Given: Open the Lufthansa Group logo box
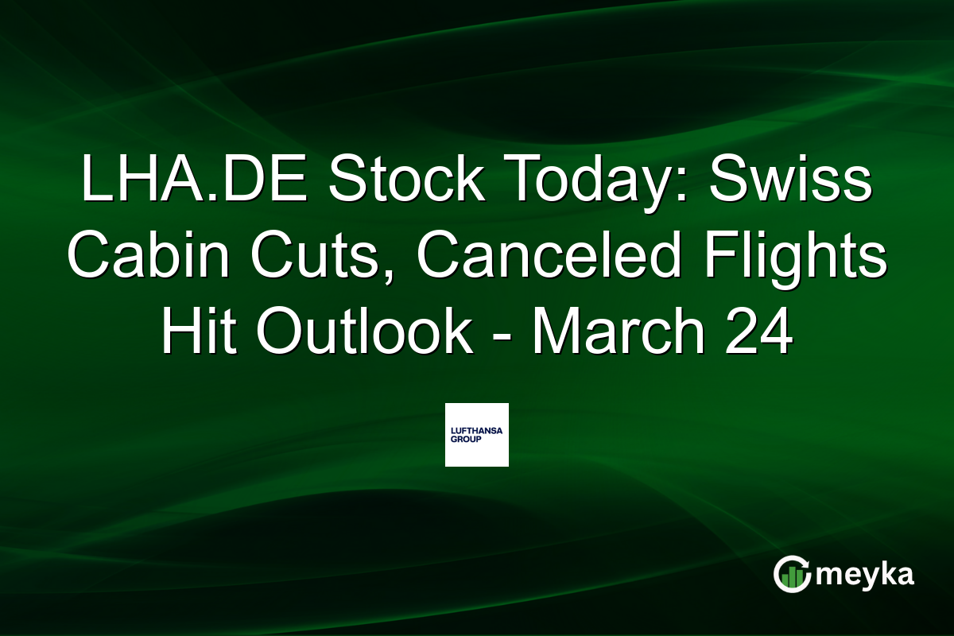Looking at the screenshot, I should click(476, 434).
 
